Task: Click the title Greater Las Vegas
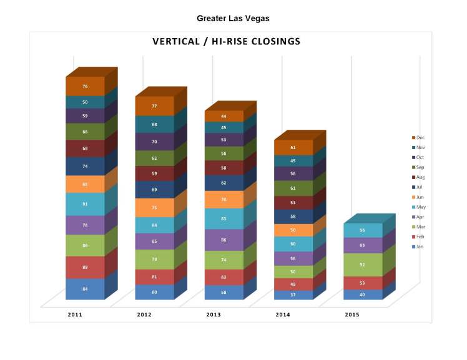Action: click(233, 19)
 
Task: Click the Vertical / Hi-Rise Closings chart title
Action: click(227, 42)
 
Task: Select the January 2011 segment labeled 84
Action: click(85, 288)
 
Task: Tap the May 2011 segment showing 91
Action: click(85, 204)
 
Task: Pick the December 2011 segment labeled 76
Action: click(85, 86)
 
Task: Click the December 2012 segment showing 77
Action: click(154, 106)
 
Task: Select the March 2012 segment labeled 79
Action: click(154, 259)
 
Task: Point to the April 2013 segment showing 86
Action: click(224, 240)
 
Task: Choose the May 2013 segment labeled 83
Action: click(224, 218)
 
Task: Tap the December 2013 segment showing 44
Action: click(224, 117)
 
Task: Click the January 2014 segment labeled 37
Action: click(293, 295)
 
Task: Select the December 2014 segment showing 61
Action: click(293, 148)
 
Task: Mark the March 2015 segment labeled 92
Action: click(362, 265)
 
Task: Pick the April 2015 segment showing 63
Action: click(362, 246)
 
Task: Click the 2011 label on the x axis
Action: click(75, 315)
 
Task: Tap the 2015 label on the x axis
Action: click(352, 315)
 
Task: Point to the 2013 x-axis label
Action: click(214, 315)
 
